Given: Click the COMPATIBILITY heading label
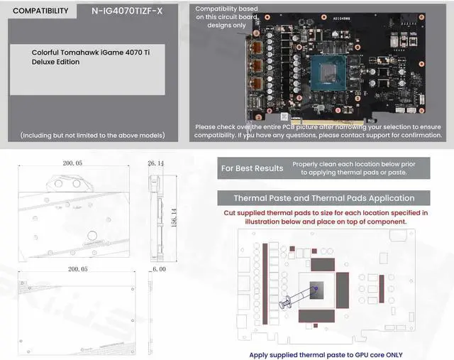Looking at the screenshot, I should coord(41,11).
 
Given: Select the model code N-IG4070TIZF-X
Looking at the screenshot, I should coord(128,11).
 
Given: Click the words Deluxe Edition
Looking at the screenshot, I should coord(56,62).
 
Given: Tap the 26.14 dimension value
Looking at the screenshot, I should coord(155,163).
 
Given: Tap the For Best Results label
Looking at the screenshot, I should coord(252,168).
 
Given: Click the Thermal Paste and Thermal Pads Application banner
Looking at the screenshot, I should coord(324,198).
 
